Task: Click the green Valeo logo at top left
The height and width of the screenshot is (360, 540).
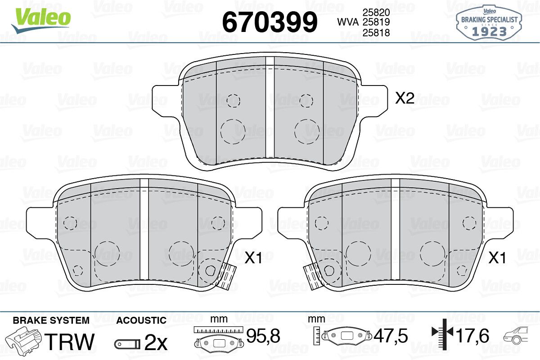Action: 41,20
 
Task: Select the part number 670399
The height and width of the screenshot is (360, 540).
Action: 270,22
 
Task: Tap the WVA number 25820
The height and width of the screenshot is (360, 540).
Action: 376,12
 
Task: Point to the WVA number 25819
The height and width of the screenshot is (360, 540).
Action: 376,22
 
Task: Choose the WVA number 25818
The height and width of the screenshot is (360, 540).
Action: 376,32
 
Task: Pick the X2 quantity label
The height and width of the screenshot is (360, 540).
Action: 405,99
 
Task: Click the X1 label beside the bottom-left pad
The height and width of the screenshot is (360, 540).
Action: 253,258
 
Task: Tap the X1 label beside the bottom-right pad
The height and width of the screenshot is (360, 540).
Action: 497,258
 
